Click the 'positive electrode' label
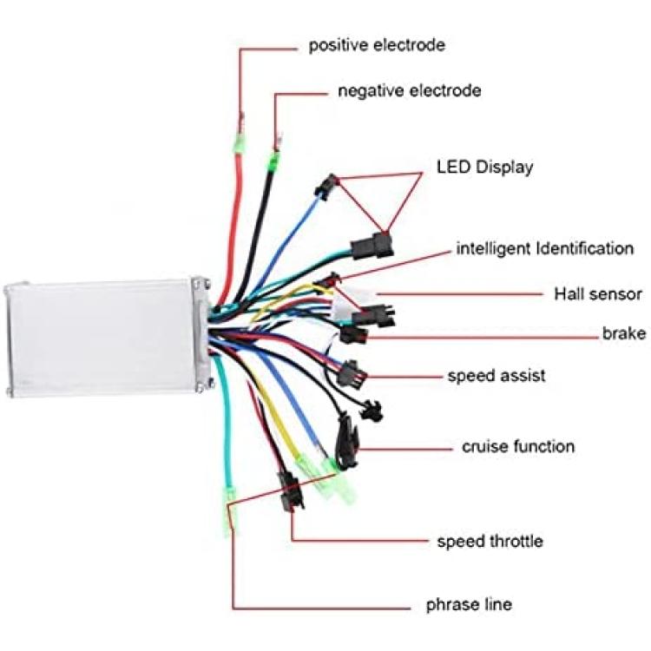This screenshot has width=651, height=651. click(x=377, y=45)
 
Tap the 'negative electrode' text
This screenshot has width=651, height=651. click(x=410, y=91)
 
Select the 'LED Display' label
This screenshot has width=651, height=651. click(x=484, y=168)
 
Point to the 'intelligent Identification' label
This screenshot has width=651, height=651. click(x=545, y=249)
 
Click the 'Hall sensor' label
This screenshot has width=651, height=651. click(x=598, y=294)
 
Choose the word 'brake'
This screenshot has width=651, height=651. click(x=624, y=333)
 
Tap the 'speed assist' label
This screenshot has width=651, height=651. click(x=496, y=376)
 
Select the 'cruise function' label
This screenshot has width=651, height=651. click(x=518, y=447)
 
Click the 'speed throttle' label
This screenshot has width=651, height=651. click(x=490, y=542)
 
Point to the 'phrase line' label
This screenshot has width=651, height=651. click(x=469, y=604)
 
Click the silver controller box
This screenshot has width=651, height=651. click(x=107, y=338)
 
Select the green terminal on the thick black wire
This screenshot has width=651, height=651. click(x=273, y=161)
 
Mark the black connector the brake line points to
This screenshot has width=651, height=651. click(x=354, y=334)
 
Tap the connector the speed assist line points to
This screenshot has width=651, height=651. click(x=352, y=373)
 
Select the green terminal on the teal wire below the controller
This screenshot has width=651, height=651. click(x=228, y=512)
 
